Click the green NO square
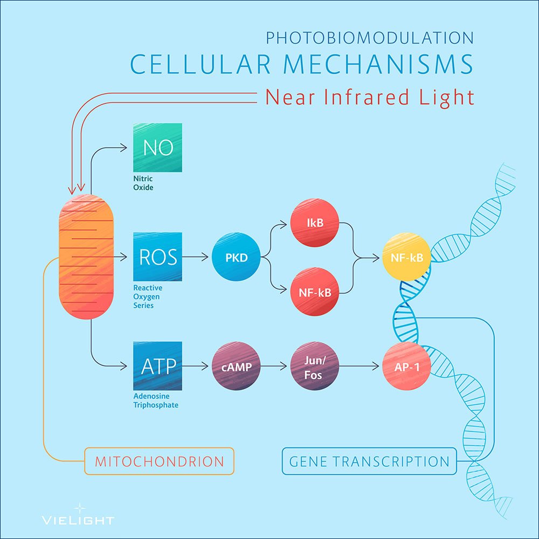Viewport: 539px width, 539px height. coord(157,148)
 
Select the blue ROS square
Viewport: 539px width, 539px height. coord(157,257)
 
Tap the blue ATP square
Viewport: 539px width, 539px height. coord(157,366)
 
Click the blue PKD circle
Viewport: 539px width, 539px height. coord(236,257)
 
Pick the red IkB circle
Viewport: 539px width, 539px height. coord(315,222)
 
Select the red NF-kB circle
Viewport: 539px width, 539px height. coord(315,293)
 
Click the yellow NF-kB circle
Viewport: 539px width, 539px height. coord(406,257)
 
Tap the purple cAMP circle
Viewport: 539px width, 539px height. coord(236,366)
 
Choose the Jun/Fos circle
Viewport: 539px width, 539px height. coord(315,366)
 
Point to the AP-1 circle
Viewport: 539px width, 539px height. coord(406,366)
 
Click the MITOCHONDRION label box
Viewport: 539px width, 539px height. coord(159,461)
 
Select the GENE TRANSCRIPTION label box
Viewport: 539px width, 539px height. coord(369,461)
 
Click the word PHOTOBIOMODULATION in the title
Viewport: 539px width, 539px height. coord(370,38)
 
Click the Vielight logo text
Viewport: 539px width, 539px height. coord(78,520)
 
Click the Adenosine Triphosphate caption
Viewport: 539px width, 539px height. coord(156,401)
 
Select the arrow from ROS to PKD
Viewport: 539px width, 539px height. coord(195,257)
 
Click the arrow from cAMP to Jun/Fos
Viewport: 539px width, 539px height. coord(273,366)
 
